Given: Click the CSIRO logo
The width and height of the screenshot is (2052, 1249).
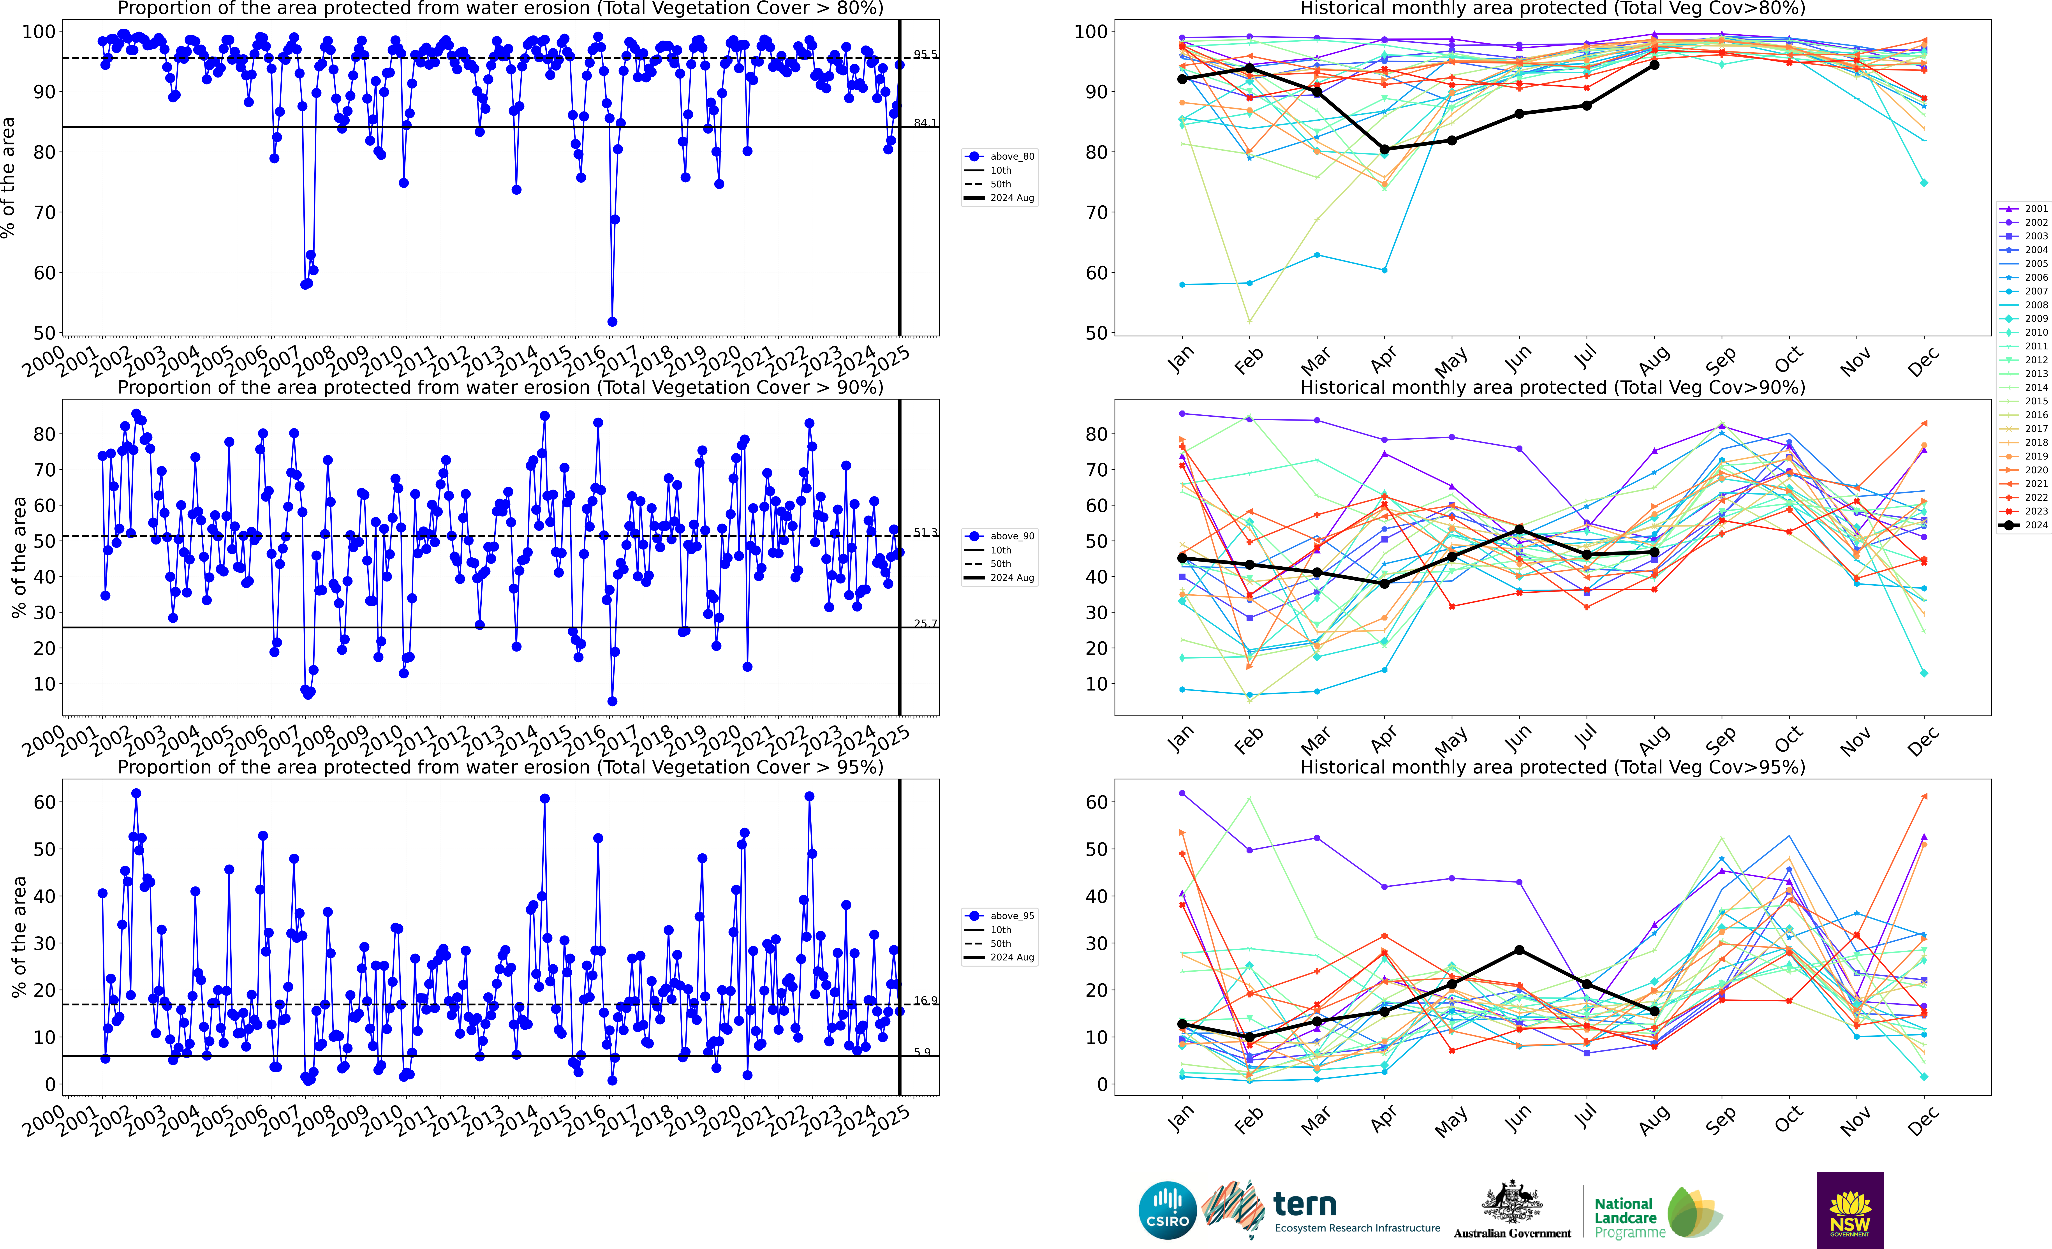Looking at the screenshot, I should click(x=1167, y=1210).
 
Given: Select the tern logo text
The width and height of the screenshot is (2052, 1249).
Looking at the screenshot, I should click(x=1305, y=1204).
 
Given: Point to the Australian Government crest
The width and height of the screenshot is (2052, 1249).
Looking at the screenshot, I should click(x=1511, y=1203).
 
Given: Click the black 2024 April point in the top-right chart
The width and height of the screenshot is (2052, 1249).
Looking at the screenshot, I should click(x=1384, y=150).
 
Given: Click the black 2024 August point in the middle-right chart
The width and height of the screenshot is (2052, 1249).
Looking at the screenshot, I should click(x=1654, y=552).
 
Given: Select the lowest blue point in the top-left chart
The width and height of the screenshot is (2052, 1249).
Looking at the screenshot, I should click(x=612, y=321).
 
